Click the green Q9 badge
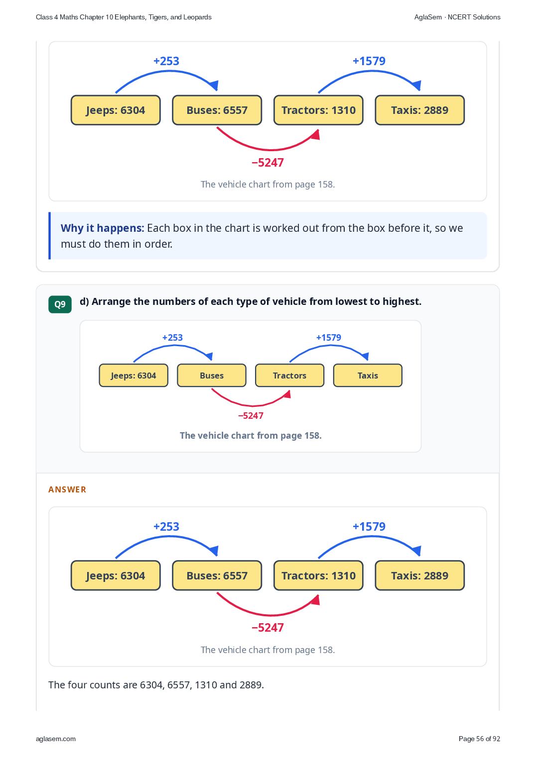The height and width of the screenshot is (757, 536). click(60, 304)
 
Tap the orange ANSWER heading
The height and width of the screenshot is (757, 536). click(67, 490)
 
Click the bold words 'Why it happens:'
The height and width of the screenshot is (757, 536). click(103, 228)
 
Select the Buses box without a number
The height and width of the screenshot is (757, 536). click(212, 375)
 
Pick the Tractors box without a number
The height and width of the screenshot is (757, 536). click(289, 375)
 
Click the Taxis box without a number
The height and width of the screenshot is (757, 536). click(368, 375)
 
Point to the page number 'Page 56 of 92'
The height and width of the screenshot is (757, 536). click(479, 739)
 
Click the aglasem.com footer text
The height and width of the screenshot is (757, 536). click(56, 739)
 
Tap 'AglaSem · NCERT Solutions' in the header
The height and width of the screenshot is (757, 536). click(457, 17)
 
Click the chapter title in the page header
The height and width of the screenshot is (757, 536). click(124, 17)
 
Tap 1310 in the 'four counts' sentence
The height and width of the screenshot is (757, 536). click(205, 685)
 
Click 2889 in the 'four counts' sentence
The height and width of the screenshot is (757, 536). click(252, 685)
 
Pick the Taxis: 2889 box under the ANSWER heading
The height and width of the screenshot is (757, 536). click(419, 575)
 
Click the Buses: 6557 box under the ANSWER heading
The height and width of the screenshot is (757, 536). click(217, 575)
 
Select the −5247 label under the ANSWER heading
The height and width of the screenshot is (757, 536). click(268, 628)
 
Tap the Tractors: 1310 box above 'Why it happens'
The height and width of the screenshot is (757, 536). click(318, 110)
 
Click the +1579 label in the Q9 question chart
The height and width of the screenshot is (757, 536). click(329, 338)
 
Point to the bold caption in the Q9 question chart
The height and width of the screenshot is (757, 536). click(251, 435)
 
